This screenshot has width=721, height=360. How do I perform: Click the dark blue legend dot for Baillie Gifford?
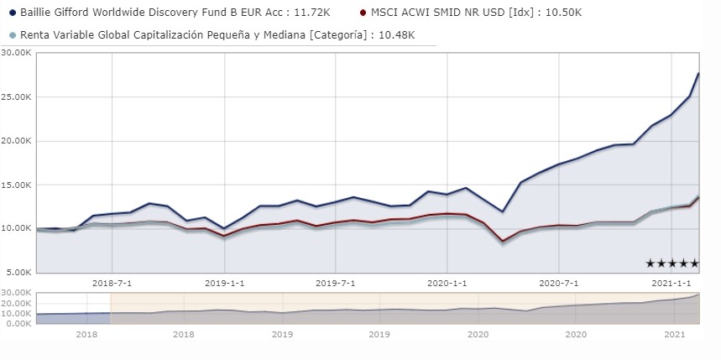pyautogui.click(x=13, y=13)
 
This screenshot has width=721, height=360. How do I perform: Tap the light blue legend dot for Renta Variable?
pyautogui.click(x=13, y=34)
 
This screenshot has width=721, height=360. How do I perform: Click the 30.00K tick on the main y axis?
pyautogui.click(x=16, y=52)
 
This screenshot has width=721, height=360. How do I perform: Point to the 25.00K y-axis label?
pyautogui.click(x=16, y=97)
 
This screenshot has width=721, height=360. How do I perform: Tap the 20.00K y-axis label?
pyautogui.click(x=16, y=140)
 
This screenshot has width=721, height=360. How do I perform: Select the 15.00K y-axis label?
pyautogui.click(x=16, y=185)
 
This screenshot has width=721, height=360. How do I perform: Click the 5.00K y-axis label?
pyautogui.click(x=18, y=272)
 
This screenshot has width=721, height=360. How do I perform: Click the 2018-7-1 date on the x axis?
pyautogui.click(x=112, y=284)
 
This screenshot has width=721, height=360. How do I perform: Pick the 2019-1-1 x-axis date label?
pyautogui.click(x=224, y=284)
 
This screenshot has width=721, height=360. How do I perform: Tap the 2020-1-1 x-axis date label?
pyautogui.click(x=447, y=284)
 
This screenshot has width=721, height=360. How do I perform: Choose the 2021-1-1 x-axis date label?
pyautogui.click(x=672, y=284)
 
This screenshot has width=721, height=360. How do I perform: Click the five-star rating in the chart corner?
pyautogui.click(x=671, y=263)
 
